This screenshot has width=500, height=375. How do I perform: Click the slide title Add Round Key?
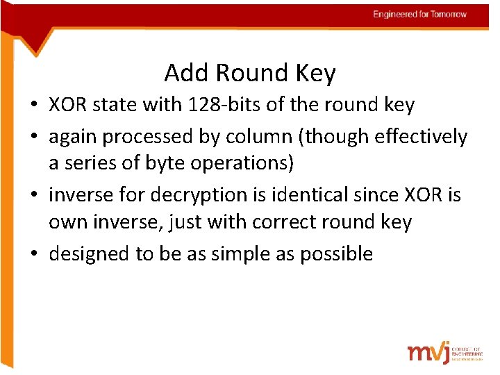250,72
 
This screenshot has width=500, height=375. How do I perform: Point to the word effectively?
422,137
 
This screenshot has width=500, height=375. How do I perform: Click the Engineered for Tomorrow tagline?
419,14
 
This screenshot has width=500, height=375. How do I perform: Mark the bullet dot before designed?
33,254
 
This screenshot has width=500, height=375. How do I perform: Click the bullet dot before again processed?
33,137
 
